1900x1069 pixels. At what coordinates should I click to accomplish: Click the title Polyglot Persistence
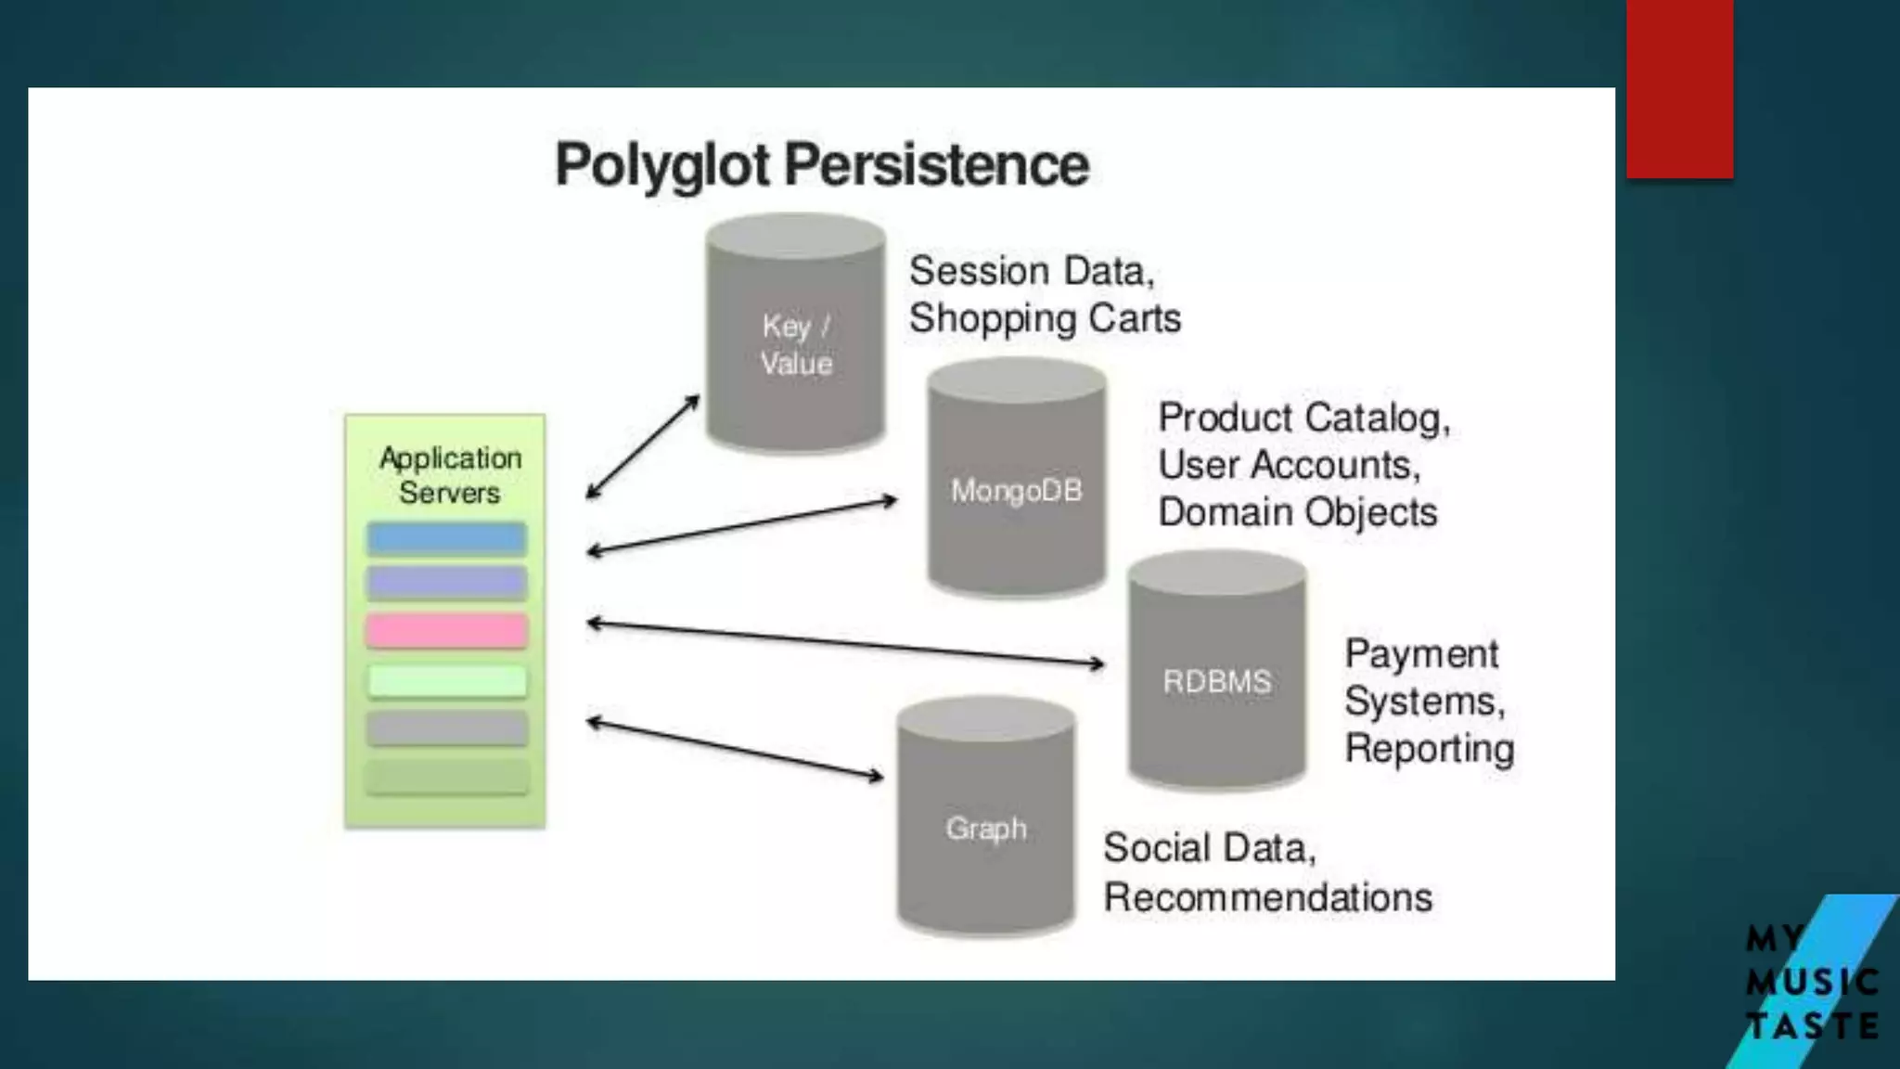(x=822, y=165)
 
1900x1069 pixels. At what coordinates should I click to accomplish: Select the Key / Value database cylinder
(x=795, y=334)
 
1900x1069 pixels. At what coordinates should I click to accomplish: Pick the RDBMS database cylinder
(x=1217, y=672)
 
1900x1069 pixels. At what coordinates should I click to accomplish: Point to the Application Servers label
(x=450, y=475)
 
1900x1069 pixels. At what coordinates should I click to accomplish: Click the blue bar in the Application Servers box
(x=447, y=538)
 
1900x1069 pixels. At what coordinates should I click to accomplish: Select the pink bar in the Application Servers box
(x=447, y=631)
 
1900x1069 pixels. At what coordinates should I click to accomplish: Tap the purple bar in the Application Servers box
(x=447, y=583)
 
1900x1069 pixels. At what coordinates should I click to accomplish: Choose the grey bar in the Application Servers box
(x=447, y=728)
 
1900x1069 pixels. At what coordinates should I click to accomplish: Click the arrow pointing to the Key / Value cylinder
(x=643, y=446)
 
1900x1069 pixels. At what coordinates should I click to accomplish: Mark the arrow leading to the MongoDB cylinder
(x=742, y=526)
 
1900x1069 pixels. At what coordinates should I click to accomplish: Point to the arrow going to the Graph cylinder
(x=735, y=748)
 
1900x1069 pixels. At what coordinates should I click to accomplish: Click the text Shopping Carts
(x=1045, y=318)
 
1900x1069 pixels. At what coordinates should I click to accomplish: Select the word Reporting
(x=1430, y=749)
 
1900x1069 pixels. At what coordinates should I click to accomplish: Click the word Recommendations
(x=1267, y=897)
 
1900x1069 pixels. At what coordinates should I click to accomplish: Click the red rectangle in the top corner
(x=1679, y=88)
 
